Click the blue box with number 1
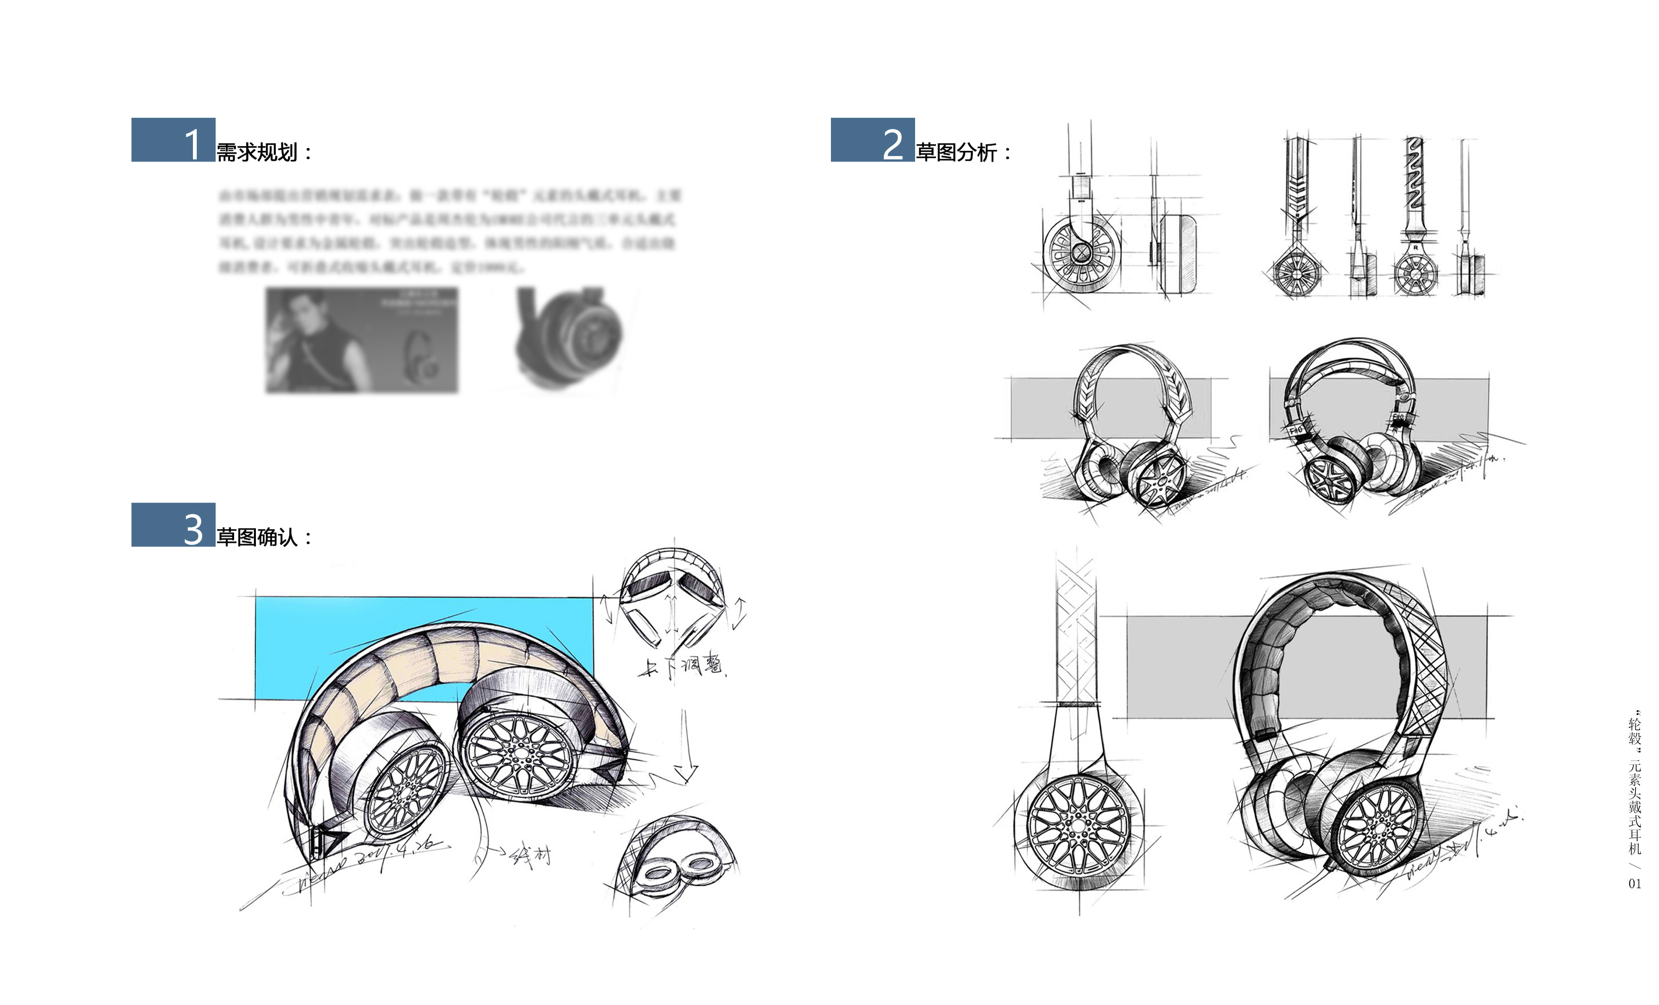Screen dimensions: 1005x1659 173,140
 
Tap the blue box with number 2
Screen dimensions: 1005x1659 872,140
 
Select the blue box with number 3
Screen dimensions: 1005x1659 173,525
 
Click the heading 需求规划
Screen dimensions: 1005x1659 257,153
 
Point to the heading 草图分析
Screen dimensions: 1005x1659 957,153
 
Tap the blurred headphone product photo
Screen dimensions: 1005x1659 569,337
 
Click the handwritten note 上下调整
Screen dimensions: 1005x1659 681,667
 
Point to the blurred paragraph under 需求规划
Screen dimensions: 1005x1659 448,231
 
